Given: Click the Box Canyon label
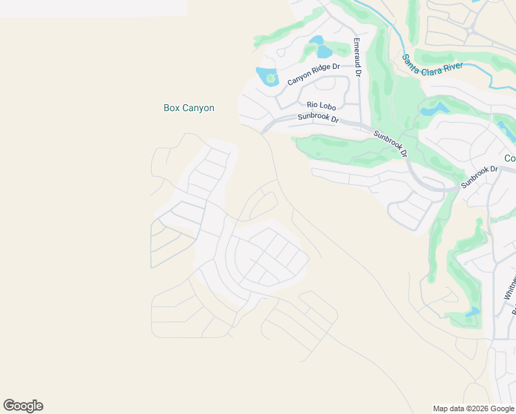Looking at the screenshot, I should [188, 108].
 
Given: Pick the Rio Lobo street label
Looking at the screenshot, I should [321, 105].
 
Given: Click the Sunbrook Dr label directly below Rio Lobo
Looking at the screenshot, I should [318, 117].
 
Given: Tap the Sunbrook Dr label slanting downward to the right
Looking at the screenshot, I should [390, 143].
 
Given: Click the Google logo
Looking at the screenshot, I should [23, 406].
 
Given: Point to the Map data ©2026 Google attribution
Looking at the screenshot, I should [473, 408].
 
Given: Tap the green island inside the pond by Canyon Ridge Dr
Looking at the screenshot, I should [270, 79].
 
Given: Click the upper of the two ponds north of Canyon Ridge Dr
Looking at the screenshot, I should [316, 39].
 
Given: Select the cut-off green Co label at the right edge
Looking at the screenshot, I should [510, 158].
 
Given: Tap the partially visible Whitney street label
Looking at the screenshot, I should [509, 290].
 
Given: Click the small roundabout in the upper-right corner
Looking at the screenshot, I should [471, 30].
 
